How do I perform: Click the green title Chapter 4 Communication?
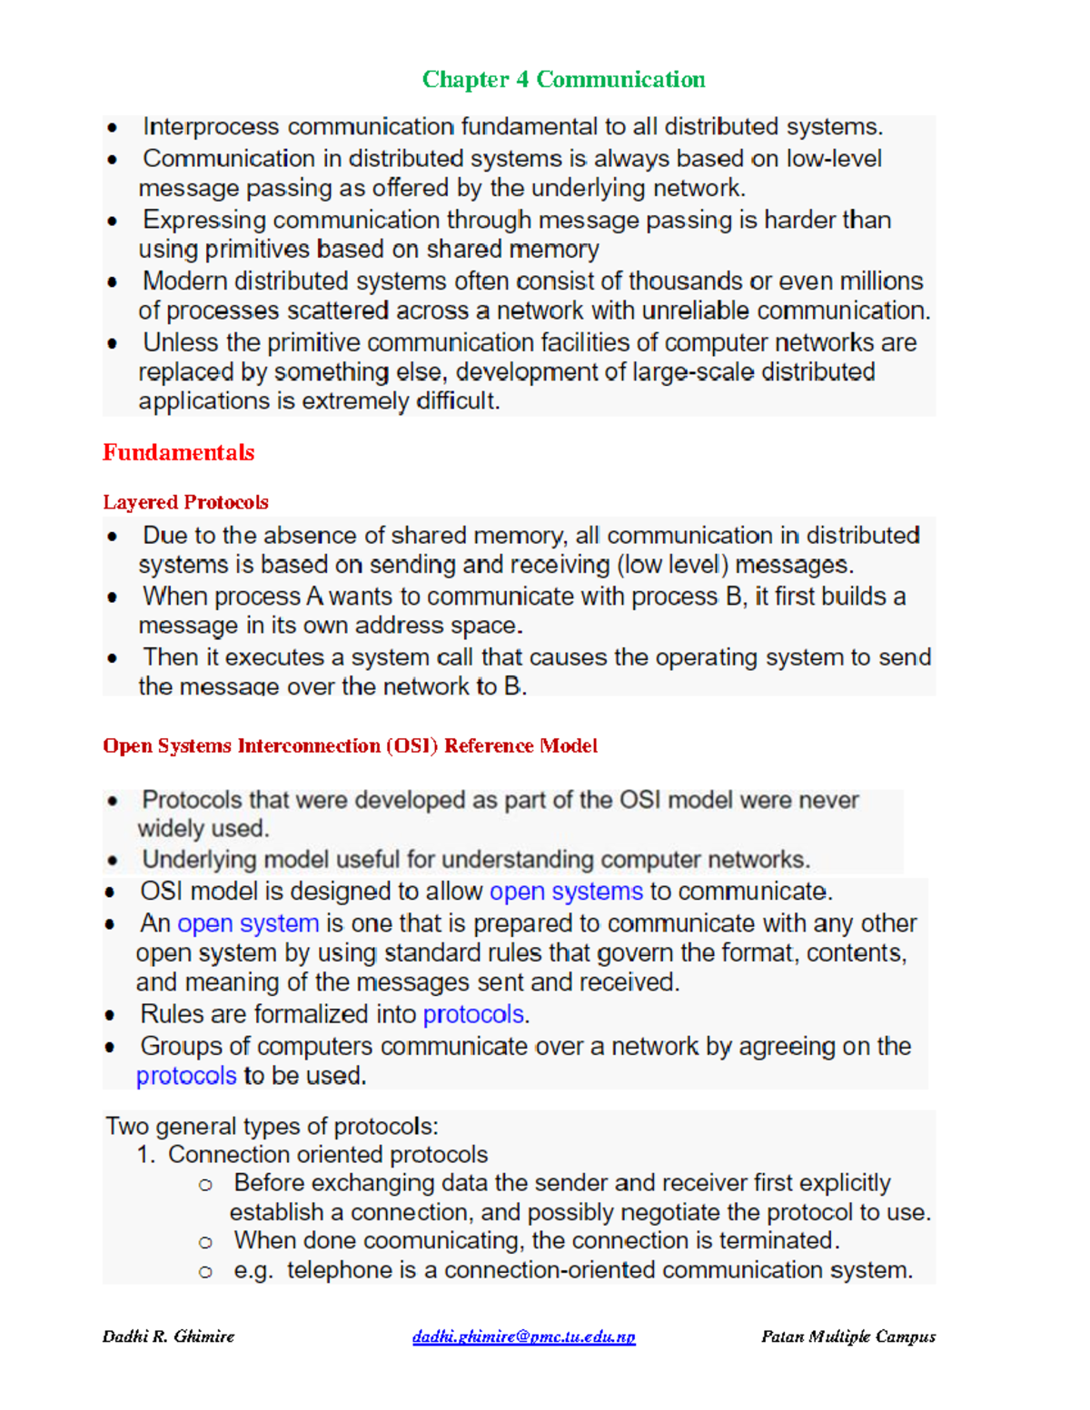point(563,80)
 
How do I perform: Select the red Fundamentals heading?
point(178,452)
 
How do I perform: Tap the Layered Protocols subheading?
point(185,502)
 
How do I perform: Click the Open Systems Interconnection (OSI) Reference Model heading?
point(350,745)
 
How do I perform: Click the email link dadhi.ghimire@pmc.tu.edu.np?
point(523,1336)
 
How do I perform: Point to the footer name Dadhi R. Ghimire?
point(168,1336)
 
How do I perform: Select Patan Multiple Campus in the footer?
point(847,1336)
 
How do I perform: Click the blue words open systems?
point(566,892)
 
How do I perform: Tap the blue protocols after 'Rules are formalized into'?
point(473,1014)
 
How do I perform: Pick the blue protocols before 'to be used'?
point(186,1076)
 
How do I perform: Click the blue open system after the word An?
point(248,923)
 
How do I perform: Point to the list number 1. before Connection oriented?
point(146,1155)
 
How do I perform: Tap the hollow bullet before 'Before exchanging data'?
point(206,1185)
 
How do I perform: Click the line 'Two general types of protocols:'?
point(272,1127)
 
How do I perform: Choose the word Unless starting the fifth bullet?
point(181,343)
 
